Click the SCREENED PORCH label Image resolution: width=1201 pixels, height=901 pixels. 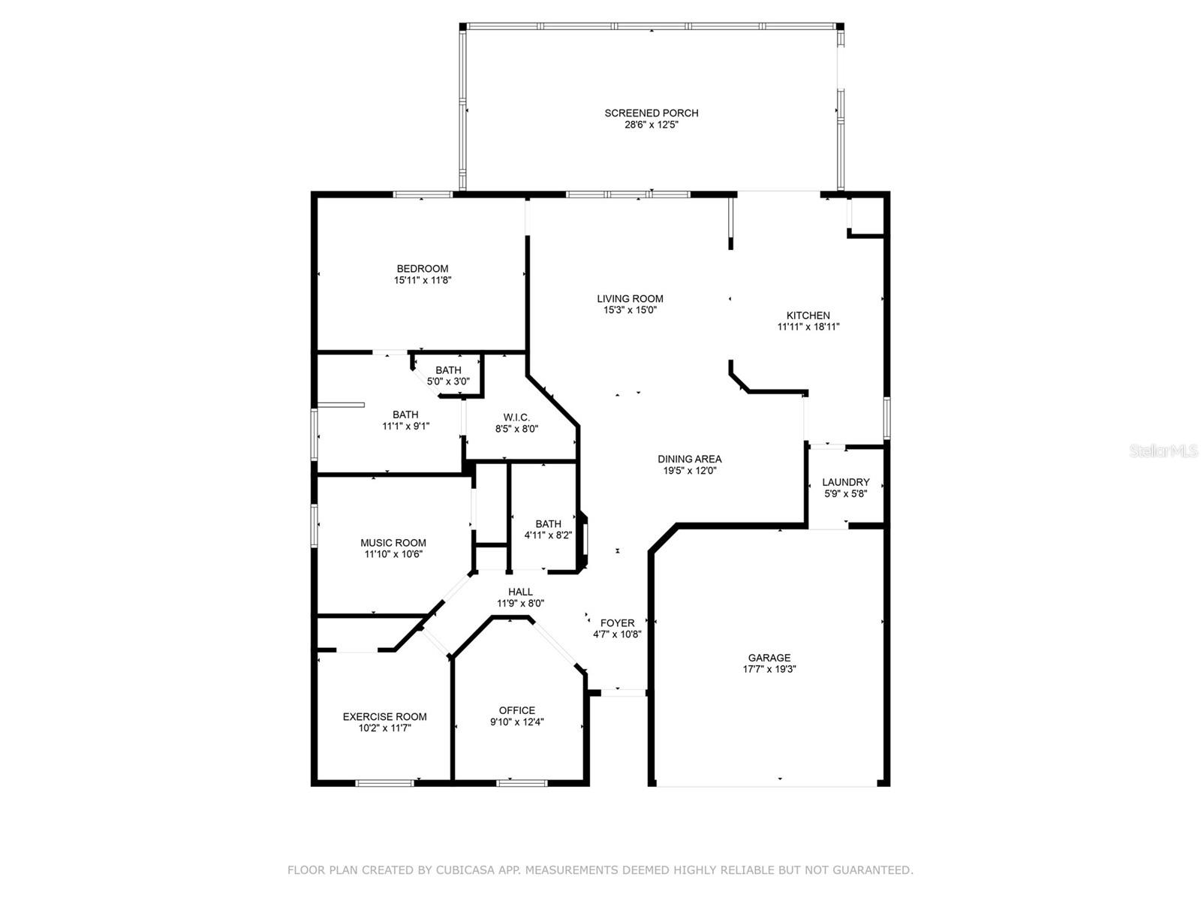(651, 113)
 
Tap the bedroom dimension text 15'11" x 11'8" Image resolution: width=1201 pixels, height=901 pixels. (423, 280)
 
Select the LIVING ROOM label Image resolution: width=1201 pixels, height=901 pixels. (630, 299)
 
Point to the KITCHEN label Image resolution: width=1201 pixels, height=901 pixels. (808, 315)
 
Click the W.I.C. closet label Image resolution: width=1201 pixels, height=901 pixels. (516, 417)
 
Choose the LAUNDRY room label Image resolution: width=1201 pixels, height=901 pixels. (845, 482)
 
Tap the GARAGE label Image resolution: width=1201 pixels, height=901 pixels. (769, 658)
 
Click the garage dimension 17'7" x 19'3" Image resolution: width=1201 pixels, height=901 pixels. (769, 669)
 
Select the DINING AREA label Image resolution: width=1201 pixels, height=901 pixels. (689, 460)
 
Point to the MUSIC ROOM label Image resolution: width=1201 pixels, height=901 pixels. (393, 543)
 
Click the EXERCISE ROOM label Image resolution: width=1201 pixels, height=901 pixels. (384, 716)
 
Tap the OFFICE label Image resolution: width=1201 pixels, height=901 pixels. (516, 710)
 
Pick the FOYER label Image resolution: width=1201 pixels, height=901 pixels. (617, 622)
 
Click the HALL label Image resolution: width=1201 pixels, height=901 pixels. (520, 592)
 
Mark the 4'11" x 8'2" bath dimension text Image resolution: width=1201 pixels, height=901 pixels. (548, 535)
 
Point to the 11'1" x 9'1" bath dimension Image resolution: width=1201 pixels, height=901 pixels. (405, 426)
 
